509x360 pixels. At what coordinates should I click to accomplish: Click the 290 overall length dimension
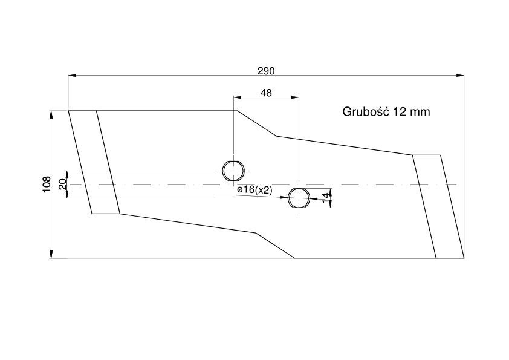(266, 71)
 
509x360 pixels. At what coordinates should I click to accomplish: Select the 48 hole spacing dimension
(266, 93)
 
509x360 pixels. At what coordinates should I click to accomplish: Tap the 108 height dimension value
(47, 184)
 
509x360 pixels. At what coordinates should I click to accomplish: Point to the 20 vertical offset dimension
(63, 184)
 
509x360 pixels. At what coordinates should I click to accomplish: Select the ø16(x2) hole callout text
(254, 190)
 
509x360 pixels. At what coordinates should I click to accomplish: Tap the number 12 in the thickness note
(399, 112)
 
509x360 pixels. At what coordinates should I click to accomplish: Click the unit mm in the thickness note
(420, 113)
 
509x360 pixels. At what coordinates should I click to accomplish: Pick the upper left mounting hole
(233, 171)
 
